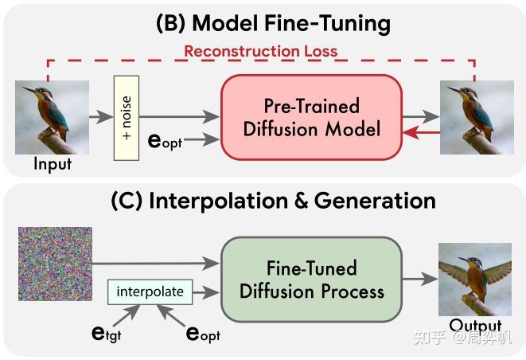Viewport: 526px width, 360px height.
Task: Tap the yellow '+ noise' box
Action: [x=127, y=118]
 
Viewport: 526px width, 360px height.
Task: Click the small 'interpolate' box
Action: [x=150, y=292]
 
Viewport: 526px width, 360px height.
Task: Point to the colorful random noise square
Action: [x=55, y=264]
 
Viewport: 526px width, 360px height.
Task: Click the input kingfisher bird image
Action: [x=41, y=119]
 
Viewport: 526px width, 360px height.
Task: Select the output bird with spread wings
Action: [x=474, y=280]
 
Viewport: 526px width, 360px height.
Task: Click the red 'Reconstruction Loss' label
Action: [x=260, y=51]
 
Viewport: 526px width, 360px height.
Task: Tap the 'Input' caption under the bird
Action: [x=53, y=165]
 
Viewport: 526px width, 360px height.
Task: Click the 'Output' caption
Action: [x=475, y=326]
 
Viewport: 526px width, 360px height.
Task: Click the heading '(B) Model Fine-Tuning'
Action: [x=273, y=22]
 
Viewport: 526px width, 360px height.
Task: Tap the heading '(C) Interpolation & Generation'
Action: [x=273, y=200]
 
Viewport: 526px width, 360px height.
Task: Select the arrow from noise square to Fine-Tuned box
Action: [x=155, y=259]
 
